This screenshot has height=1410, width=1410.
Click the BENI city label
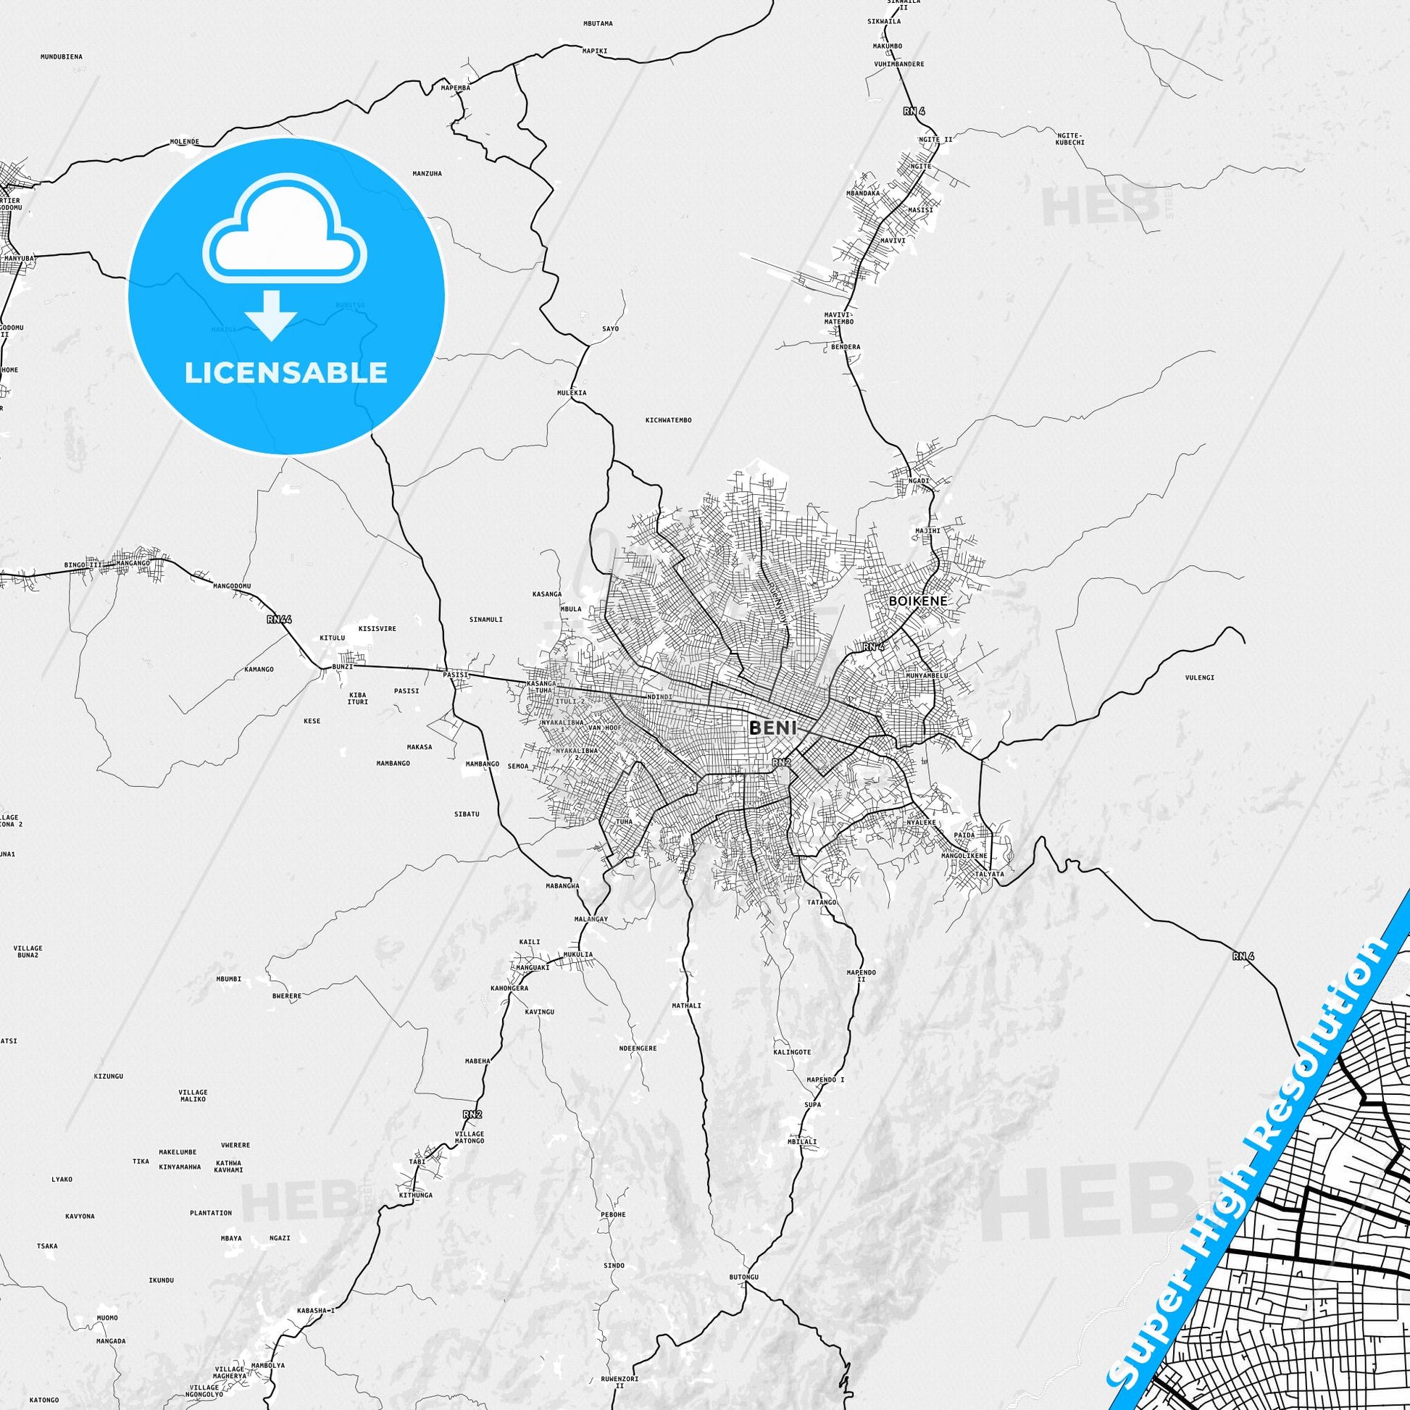[772, 727]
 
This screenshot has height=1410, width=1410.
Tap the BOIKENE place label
[918, 601]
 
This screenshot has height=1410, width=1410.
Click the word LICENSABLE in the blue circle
[285, 373]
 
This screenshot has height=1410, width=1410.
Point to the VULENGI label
[1199, 677]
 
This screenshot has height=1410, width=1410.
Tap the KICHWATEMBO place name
[668, 420]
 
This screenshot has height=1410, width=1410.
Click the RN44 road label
[279, 620]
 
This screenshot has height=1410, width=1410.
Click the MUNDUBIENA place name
[62, 57]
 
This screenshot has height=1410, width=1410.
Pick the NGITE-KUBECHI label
[1070, 138]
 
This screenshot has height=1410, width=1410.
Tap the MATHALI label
[686, 1006]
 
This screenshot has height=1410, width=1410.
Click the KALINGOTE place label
[792, 1052]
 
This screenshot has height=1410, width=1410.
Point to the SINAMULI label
[485, 620]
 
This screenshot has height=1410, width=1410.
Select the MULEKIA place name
[572, 393]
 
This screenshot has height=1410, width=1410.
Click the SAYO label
[610, 328]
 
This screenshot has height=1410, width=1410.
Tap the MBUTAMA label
[598, 23]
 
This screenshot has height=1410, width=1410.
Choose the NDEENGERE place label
[637, 1048]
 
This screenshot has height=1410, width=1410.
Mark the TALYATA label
[990, 874]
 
